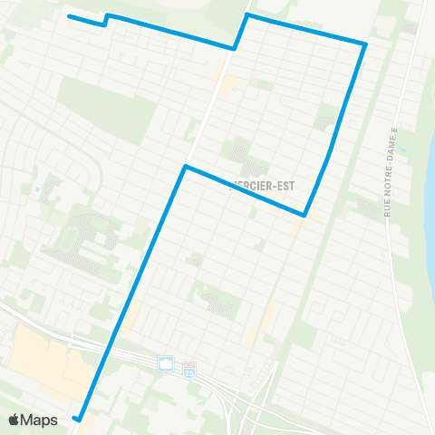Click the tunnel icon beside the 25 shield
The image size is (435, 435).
point(167,364)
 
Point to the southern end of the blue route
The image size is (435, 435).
point(78,419)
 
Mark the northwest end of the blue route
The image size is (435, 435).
point(70,16)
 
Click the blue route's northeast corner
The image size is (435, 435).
point(365,43)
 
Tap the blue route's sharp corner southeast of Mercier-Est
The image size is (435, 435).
point(304,215)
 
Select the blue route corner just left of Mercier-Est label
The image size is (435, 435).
point(186,167)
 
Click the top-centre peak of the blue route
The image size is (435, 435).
point(247,15)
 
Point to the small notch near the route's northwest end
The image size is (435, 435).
point(106,19)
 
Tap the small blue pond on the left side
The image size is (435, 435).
point(35,189)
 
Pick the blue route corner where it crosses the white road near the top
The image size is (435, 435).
point(235,48)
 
